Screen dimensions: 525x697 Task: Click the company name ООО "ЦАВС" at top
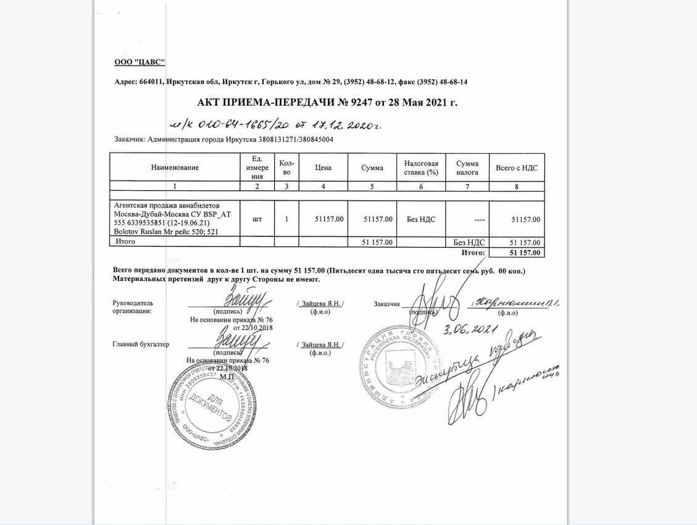pos(140,62)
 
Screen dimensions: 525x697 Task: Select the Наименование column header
pos(175,167)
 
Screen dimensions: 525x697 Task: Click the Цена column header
pos(323,167)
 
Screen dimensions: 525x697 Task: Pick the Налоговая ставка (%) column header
pos(421,167)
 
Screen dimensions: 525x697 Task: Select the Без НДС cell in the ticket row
pos(421,219)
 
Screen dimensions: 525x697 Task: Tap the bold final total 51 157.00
pos(525,253)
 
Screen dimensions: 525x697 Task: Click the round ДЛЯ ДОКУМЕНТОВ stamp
pos(217,405)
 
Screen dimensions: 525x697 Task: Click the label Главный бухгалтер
pos(141,344)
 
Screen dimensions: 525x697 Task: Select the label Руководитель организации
pos(133,307)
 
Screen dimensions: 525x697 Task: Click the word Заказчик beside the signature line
pos(387,303)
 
